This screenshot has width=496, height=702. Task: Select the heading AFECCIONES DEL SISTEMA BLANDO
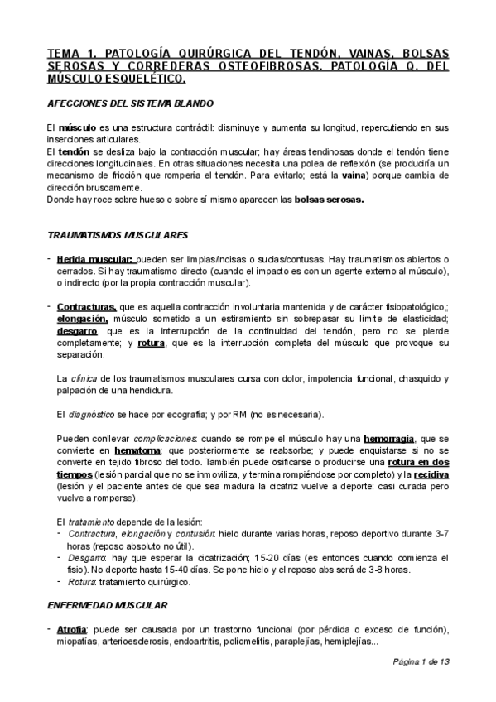[130, 103]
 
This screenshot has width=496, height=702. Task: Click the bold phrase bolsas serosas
[330, 200]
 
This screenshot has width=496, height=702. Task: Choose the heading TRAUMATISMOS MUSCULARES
[117, 235]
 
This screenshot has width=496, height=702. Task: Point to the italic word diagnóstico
[90, 414]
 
